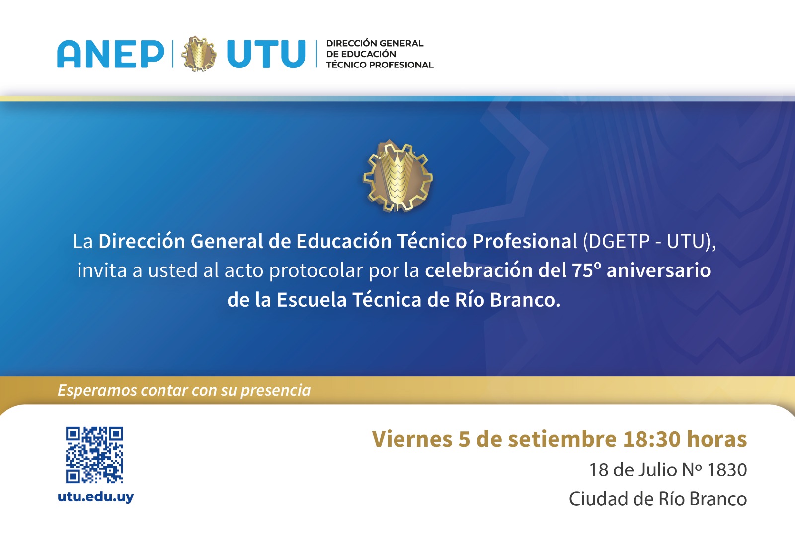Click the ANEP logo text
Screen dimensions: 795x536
(x=111, y=54)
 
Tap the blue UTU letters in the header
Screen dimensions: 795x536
(x=266, y=54)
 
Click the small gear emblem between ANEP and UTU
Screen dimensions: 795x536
(x=199, y=54)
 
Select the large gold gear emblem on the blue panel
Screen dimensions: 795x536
(x=397, y=176)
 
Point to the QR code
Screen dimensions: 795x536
(x=94, y=455)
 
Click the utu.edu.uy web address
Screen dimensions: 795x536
(x=96, y=497)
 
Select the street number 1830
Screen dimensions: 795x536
(x=727, y=469)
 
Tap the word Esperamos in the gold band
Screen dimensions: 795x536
(x=97, y=390)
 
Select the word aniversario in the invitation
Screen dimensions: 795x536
(x=659, y=270)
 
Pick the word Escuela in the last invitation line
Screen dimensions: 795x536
(x=312, y=300)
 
